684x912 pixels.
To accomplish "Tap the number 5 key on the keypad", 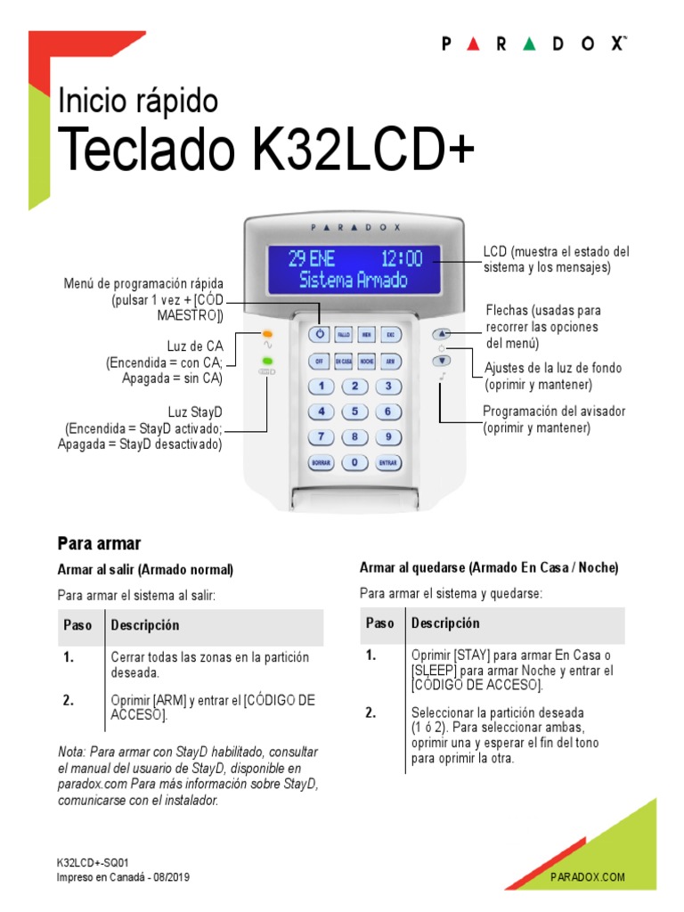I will pos(354,411).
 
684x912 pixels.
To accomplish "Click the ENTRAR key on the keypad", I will pos(387,463).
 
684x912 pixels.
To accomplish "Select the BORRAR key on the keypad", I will pos(321,463).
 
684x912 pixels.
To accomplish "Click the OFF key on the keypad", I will pos(319,361).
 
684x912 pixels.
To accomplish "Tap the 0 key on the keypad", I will pos(354,463).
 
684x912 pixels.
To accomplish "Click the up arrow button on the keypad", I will pos(443,334).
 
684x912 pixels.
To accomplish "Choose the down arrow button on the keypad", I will pos(443,361).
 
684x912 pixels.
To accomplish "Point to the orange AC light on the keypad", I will pos(267,334).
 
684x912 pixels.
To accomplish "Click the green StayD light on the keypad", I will pos(267,361).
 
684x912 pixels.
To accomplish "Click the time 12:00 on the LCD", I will pos(401,259).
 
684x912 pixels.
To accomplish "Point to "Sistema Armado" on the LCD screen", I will pos(354,280).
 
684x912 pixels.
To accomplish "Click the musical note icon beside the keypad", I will pos(442,379).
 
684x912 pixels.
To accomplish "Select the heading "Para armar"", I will pos(99,542).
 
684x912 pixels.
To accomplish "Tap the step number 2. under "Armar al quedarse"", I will pos(371,712).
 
